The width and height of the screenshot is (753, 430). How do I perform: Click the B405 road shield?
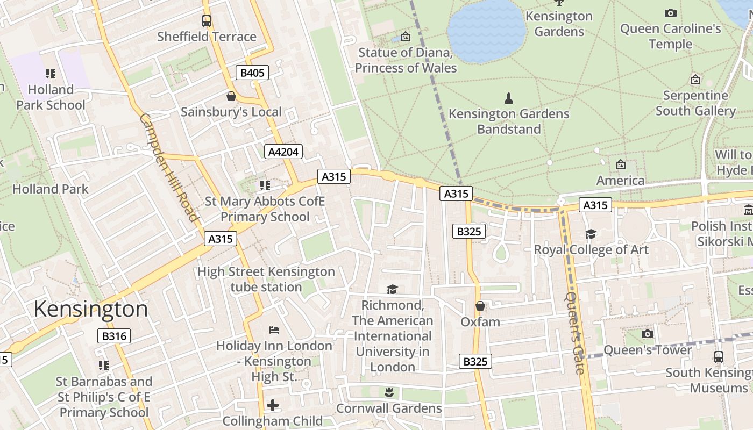click(x=252, y=73)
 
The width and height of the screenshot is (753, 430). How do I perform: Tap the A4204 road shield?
click(x=283, y=152)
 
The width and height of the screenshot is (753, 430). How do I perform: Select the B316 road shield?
click(x=114, y=336)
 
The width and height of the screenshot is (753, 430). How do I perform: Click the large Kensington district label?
click(x=90, y=309)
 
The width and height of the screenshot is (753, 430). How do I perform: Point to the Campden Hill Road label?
click(x=169, y=167)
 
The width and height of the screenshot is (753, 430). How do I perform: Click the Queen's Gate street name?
click(x=574, y=333)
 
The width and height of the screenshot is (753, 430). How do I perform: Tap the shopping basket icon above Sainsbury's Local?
click(x=231, y=96)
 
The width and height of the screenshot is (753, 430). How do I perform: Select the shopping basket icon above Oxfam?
click(x=480, y=306)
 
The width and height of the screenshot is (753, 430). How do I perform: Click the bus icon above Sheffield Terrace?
click(x=207, y=21)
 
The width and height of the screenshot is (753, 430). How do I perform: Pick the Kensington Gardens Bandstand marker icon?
click(x=508, y=98)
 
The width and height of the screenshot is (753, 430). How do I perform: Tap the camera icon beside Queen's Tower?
click(x=648, y=334)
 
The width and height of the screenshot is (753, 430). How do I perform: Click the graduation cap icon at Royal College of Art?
click(x=591, y=234)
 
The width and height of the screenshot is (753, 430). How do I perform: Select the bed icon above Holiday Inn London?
click(x=274, y=329)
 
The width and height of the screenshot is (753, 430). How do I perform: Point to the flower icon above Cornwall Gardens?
click(x=389, y=392)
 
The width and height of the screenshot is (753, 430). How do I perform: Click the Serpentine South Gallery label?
click(x=695, y=103)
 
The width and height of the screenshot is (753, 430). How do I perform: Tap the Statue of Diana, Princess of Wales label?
click(x=406, y=60)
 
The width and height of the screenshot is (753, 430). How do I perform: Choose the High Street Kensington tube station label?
click(x=266, y=279)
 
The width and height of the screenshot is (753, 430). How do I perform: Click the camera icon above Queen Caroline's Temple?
click(x=670, y=13)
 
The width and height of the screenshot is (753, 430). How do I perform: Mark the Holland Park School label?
click(x=51, y=97)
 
